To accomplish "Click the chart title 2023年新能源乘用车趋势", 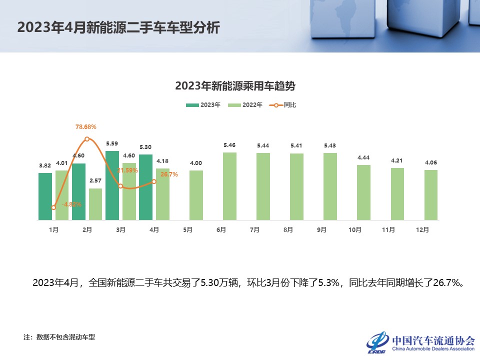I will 235,86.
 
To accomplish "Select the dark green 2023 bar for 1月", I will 45,196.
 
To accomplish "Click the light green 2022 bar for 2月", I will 95,204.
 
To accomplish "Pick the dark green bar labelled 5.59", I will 112,185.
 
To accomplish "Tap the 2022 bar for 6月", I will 229,186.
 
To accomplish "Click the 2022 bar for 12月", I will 431,195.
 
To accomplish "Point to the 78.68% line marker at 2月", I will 87,139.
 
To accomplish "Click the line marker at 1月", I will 53,207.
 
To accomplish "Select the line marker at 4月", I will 154,181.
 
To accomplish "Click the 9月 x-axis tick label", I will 321,230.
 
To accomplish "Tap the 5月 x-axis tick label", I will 187,230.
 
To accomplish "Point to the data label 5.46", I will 229,145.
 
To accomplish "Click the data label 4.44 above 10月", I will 363,157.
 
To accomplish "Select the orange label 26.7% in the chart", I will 169,174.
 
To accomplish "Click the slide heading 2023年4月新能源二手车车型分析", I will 118,27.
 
